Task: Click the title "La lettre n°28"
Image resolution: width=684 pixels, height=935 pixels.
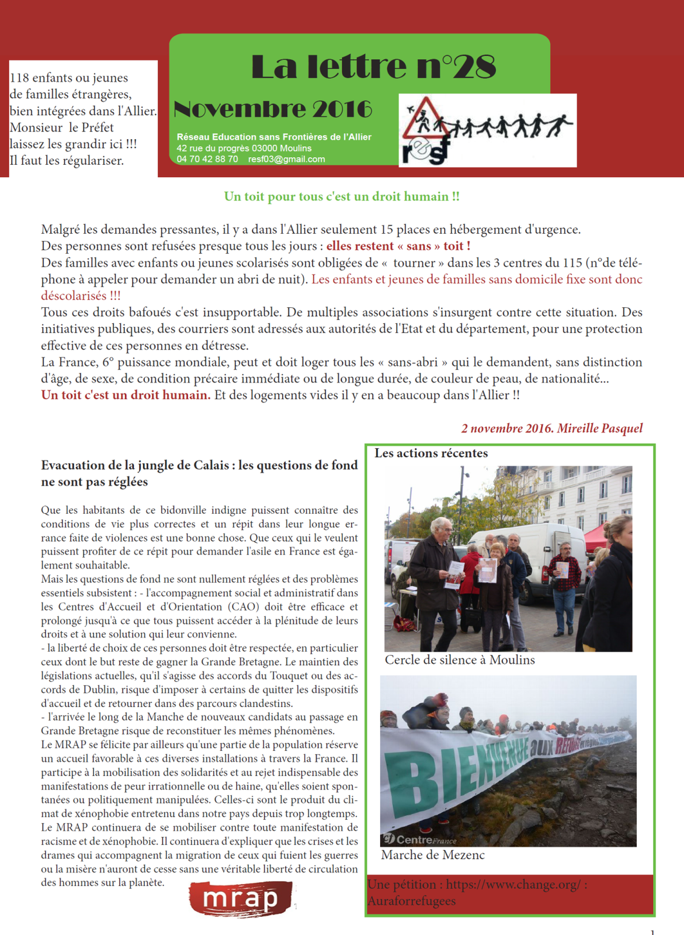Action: pos(373,67)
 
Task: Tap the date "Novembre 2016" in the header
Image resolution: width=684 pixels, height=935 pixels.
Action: pos(273,109)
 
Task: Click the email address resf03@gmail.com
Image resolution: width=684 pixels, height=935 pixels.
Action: pos(286,159)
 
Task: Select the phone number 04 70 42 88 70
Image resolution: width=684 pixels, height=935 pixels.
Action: pos(207,159)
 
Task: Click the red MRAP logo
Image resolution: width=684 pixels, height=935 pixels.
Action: pos(241,899)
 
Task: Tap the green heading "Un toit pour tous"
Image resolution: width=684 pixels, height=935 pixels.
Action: pos(342,197)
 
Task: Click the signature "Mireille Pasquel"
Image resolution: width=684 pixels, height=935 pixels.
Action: pos(599,428)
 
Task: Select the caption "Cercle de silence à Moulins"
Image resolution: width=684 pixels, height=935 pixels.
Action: pos(460,660)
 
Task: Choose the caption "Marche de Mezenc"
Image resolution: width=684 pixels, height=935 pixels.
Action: pos(433,855)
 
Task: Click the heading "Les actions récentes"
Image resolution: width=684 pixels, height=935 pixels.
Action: pos(431,453)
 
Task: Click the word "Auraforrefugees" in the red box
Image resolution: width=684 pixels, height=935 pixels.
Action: pos(412,901)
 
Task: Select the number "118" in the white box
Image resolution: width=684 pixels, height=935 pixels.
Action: pos(19,78)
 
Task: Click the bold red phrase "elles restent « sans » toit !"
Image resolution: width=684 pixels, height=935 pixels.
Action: pos(398,246)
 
